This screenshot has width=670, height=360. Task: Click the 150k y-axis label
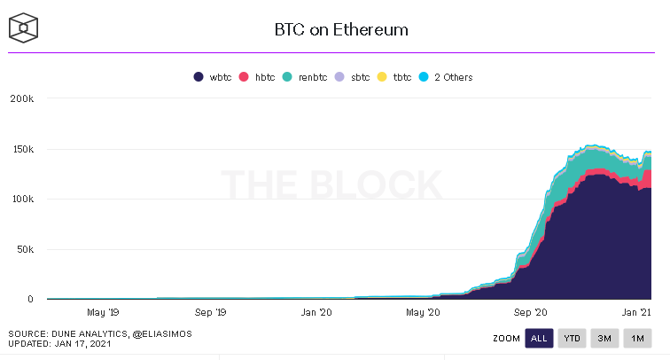[21, 149]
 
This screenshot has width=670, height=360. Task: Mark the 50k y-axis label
[24, 249]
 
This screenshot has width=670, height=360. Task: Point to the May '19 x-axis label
[102, 312]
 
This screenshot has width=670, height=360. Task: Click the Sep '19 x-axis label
[209, 312]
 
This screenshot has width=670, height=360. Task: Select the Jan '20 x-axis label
[316, 312]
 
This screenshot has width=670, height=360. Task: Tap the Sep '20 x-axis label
[531, 312]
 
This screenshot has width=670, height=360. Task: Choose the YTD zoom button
[572, 338]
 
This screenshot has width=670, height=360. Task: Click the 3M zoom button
[604, 338]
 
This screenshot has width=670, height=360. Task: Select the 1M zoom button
[636, 338]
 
